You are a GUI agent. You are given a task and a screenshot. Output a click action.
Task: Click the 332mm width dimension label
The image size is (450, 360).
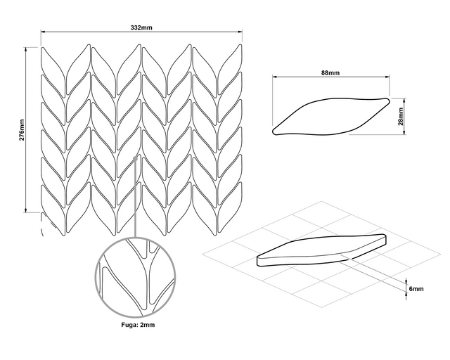point(141,27)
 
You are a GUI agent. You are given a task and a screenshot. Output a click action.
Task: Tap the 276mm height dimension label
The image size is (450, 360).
point(21,129)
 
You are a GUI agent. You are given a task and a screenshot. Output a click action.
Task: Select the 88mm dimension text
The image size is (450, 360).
point(330,72)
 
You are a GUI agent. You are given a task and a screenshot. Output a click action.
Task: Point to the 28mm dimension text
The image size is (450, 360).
point(401,115)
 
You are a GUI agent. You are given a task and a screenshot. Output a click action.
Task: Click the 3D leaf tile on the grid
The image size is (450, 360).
point(323,250)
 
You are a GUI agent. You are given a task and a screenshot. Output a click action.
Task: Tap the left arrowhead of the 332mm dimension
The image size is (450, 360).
point(43,33)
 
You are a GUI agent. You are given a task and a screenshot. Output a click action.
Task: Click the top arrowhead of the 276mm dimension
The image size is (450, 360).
point(27,49)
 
